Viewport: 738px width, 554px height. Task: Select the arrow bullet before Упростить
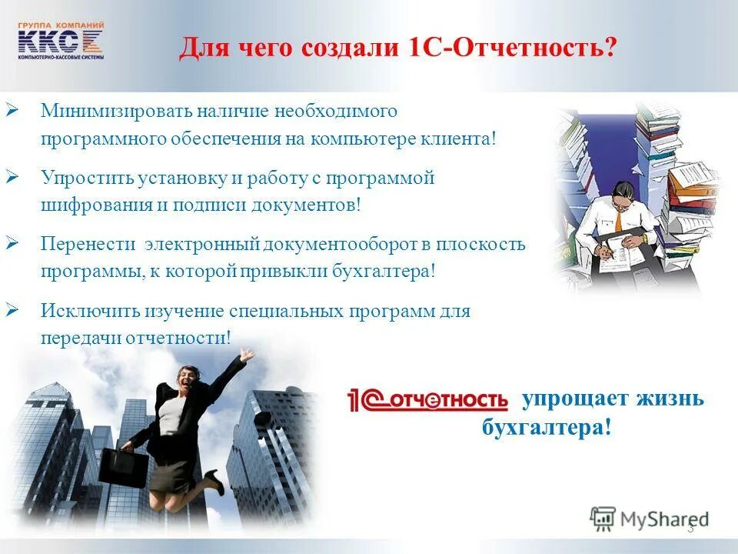click(x=12, y=178)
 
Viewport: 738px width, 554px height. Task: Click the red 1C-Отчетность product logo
click(x=428, y=400)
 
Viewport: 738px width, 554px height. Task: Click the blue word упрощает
click(x=573, y=399)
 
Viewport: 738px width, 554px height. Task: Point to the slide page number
click(x=690, y=528)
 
